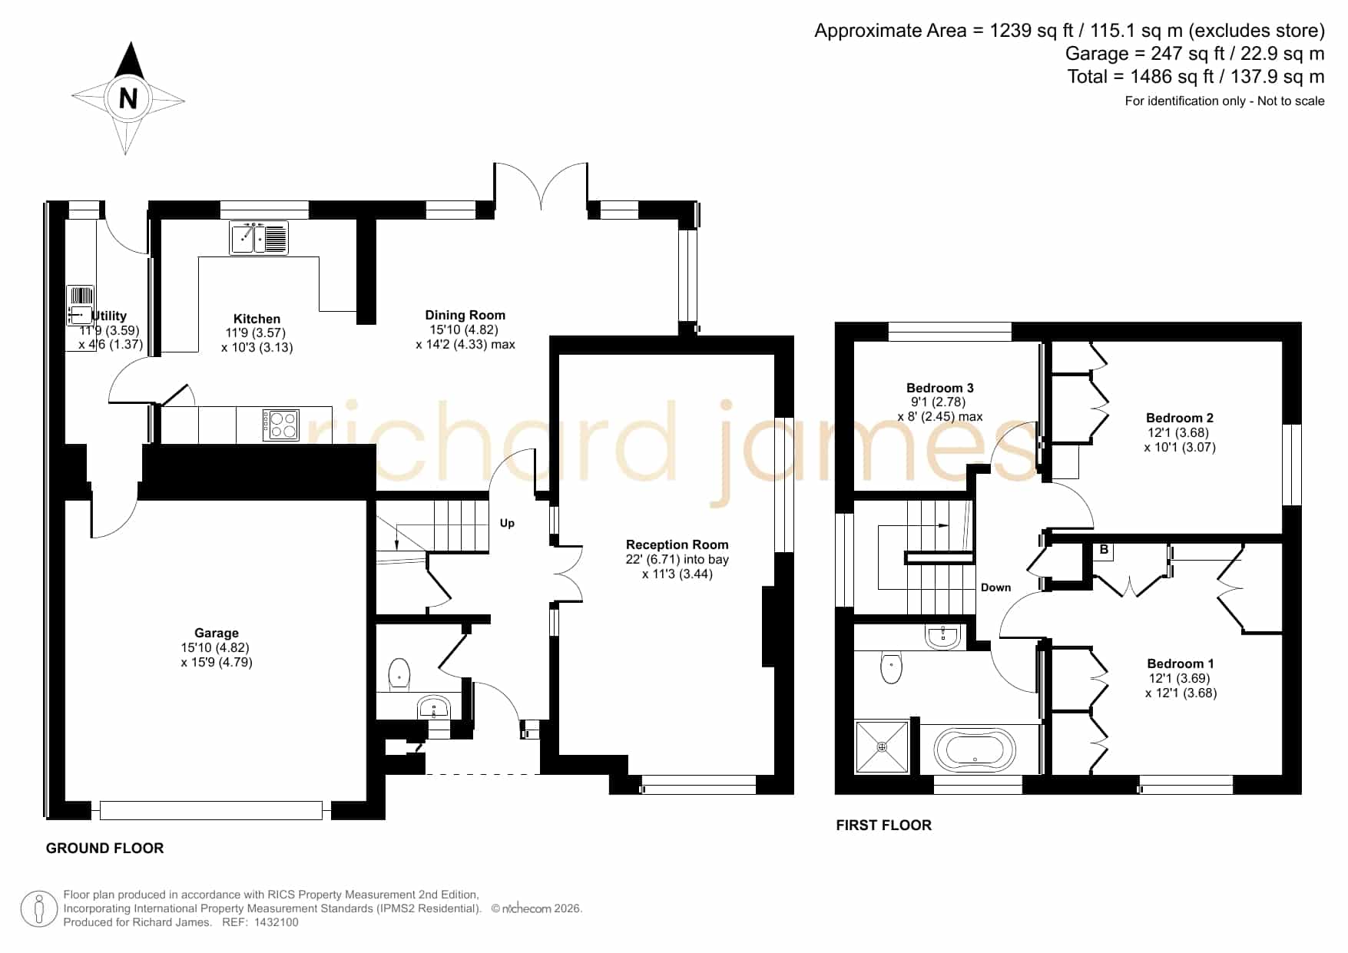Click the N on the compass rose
coord(128,98)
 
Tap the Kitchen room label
coord(257,319)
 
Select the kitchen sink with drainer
coord(259,238)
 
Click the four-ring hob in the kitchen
coord(280,425)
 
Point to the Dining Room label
coord(465,315)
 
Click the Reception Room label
coord(677,544)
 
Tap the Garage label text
coord(217,634)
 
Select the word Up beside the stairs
coord(507,523)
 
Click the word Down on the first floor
coord(995,587)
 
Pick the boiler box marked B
coord(1104,550)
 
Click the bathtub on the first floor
coord(975,748)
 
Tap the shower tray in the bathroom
coord(883,746)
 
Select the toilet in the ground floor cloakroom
coord(399,673)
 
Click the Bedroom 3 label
coord(940,388)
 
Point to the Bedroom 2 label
coord(1180,418)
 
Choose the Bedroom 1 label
coord(1181,663)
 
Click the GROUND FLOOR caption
coord(105,848)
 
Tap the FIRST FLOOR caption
coord(884,825)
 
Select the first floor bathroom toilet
coord(891,667)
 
